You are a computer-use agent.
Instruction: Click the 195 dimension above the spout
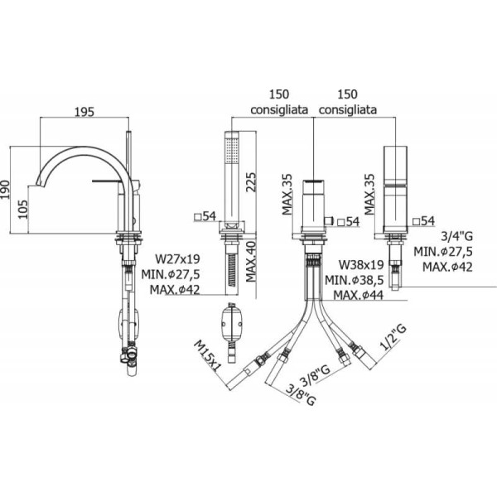(x=84, y=112)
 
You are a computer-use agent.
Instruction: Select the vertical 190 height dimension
(x=5, y=190)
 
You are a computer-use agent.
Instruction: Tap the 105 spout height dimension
(x=22, y=210)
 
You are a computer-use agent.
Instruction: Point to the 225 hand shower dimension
(x=251, y=181)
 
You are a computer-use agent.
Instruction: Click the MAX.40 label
(x=251, y=262)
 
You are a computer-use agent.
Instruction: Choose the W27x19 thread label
(x=177, y=259)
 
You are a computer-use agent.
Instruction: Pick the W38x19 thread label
(x=361, y=264)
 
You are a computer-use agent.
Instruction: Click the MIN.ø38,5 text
(x=355, y=280)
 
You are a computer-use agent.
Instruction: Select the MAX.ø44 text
(x=359, y=295)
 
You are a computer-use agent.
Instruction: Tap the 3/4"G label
(x=456, y=236)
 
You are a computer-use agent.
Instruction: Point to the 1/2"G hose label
(x=393, y=338)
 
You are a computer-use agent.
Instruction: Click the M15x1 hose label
(x=208, y=355)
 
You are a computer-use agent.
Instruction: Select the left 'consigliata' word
(x=279, y=109)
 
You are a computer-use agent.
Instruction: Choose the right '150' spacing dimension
(x=347, y=94)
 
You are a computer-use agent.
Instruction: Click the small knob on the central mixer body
(x=330, y=221)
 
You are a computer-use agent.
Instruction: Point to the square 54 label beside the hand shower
(x=205, y=216)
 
